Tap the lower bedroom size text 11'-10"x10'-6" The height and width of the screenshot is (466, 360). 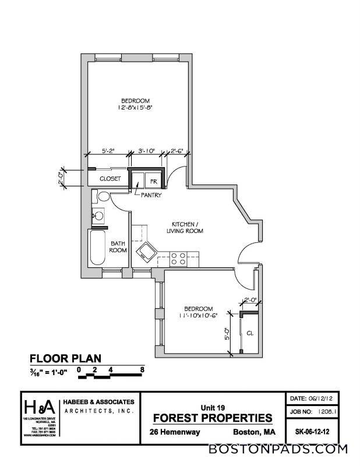pyautogui.click(x=199, y=316)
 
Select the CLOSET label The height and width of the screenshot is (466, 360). pyautogui.click(x=110, y=179)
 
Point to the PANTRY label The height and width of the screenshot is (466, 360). pyautogui.click(x=150, y=195)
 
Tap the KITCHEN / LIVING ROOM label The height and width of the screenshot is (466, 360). pyautogui.click(x=187, y=227)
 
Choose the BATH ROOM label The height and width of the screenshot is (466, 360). pyautogui.click(x=119, y=247)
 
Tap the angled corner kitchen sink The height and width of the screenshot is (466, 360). pyautogui.click(x=145, y=253)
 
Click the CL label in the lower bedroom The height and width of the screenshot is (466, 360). pyautogui.click(x=249, y=334)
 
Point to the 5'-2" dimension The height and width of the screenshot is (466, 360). pyautogui.click(x=108, y=151)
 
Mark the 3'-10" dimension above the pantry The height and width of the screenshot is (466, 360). pyautogui.click(x=146, y=151)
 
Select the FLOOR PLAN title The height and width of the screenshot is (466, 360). pyautogui.click(x=65, y=358)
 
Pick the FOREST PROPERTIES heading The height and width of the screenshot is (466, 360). pyautogui.click(x=212, y=418)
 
